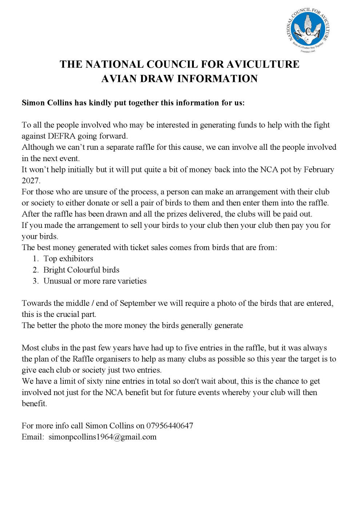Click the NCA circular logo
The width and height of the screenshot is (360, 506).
click(308, 30)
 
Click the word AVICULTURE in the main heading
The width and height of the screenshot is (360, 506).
click(263, 64)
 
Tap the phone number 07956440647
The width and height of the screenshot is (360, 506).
click(169, 426)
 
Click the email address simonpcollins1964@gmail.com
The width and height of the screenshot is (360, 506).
click(103, 437)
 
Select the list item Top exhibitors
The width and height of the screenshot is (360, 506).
click(68, 259)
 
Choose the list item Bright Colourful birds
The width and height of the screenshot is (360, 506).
click(81, 270)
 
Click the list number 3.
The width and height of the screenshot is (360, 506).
click(35, 281)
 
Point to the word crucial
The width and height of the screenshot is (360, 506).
click(68, 314)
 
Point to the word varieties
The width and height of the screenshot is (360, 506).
click(132, 281)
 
